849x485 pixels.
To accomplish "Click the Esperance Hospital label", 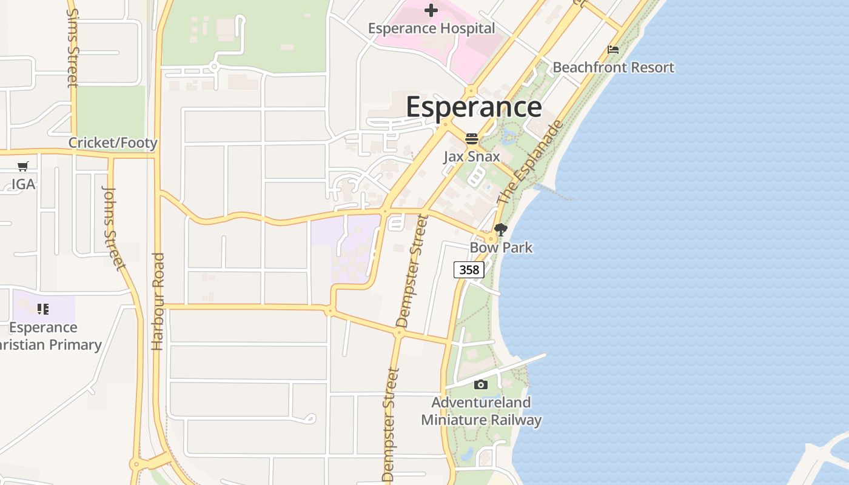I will point(432,28).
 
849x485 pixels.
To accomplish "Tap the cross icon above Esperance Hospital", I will point(431,10).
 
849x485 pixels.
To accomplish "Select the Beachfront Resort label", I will point(613,67).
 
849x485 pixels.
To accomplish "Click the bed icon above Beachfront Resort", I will point(613,50).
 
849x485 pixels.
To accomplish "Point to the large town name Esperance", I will point(474,107).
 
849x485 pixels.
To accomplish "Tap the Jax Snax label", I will point(472,156).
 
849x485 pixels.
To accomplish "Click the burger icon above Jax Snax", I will point(472,139).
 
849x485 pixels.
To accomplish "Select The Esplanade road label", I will point(530,163).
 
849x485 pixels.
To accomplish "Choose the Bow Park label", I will point(501,247).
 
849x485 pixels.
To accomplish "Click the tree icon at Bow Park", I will point(501,230).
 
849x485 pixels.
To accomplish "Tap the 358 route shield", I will point(469,270).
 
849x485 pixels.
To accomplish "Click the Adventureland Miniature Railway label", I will point(481,411).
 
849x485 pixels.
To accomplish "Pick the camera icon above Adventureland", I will point(481,384).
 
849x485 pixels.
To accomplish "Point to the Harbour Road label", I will point(158,301).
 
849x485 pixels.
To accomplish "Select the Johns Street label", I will point(113,227).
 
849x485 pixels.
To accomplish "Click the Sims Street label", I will point(73,47).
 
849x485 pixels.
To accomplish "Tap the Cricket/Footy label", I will point(113,143).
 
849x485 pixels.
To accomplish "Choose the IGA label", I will point(23,184).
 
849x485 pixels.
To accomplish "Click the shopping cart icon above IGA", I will point(23,166).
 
